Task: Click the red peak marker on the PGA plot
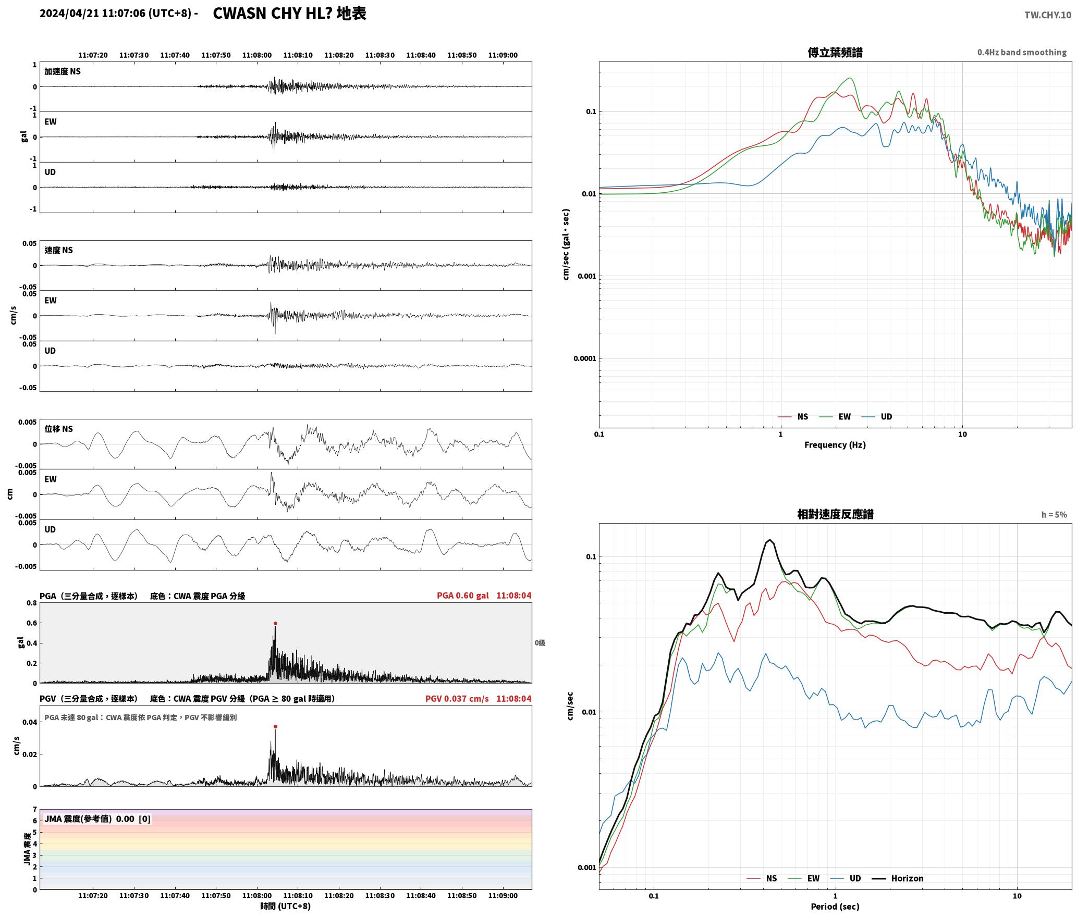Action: click(x=275, y=623)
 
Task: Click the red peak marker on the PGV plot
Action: click(x=275, y=726)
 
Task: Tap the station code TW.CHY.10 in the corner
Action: click(x=1048, y=15)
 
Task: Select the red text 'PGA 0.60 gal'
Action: click(x=463, y=596)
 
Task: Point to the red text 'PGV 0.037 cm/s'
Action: click(x=457, y=699)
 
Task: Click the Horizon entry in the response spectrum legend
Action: click(x=907, y=878)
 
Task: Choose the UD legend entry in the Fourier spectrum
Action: click(x=886, y=417)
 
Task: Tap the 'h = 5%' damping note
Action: click(x=1054, y=515)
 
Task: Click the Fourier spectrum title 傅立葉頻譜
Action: click(x=835, y=52)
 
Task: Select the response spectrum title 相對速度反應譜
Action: click(x=835, y=514)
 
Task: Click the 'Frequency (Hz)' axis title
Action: click(x=835, y=445)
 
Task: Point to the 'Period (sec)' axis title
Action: click(x=835, y=907)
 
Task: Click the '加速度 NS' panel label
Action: click(x=63, y=71)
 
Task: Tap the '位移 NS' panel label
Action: click(x=59, y=429)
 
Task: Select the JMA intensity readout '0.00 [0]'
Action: click(x=133, y=819)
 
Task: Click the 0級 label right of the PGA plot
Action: click(x=540, y=643)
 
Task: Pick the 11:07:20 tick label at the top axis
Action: click(x=93, y=55)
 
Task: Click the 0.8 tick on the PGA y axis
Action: click(x=32, y=603)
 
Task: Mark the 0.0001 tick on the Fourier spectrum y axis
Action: click(x=584, y=358)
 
